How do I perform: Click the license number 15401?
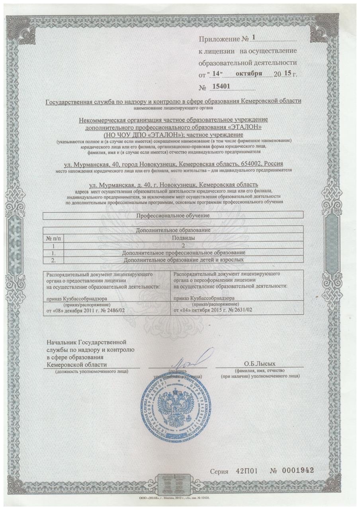click(223, 86)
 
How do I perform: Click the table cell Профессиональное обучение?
click(173, 215)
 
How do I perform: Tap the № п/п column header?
click(53, 238)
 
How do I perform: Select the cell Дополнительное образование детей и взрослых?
click(184, 260)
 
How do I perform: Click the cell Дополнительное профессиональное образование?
click(184, 253)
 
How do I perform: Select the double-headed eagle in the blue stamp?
click(175, 410)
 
